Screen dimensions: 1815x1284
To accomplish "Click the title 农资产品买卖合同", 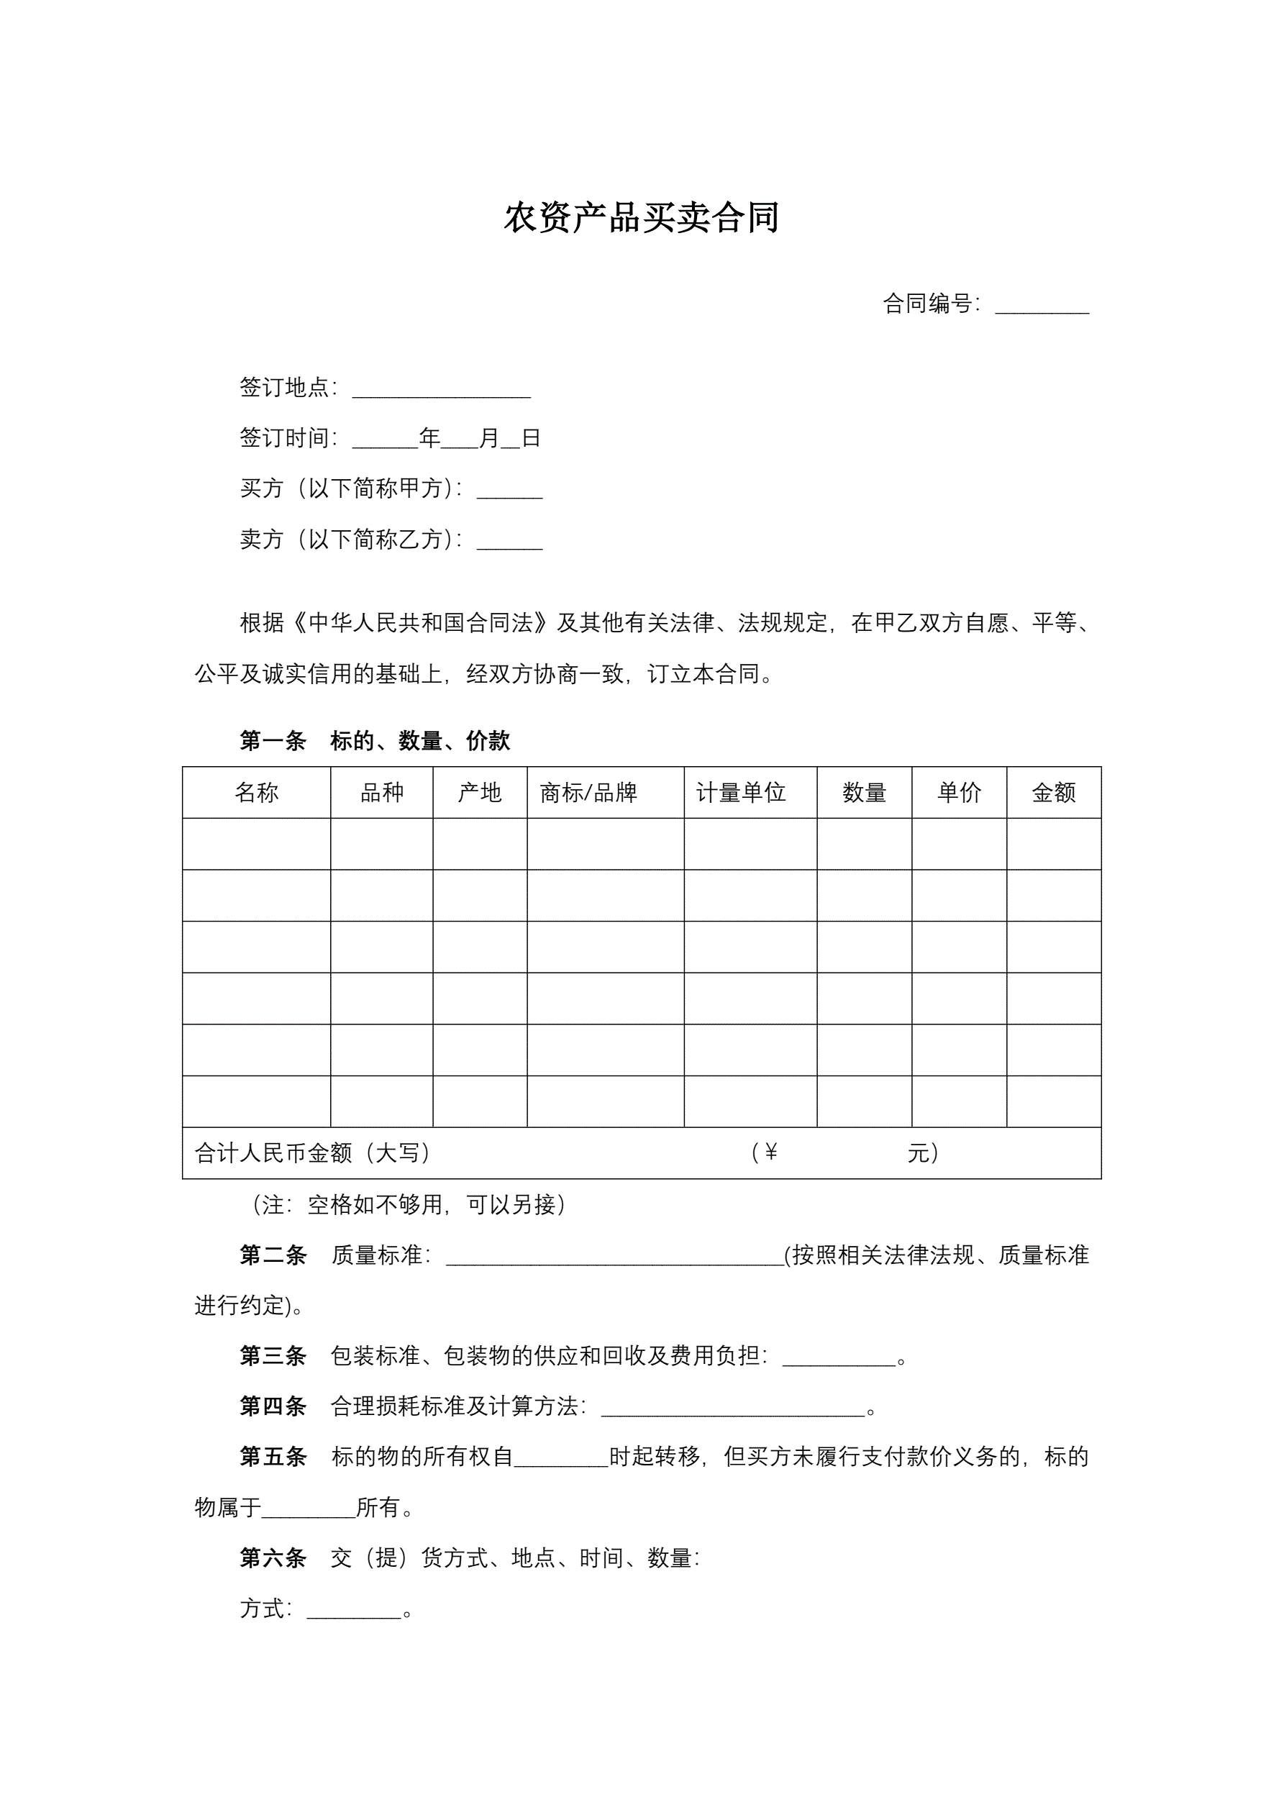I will tap(641, 217).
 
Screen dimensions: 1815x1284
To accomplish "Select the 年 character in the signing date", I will tap(429, 438).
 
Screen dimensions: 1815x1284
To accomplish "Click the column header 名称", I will tap(256, 792).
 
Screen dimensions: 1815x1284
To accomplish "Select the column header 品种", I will tap(382, 792).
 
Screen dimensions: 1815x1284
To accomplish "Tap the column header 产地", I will tap(480, 792).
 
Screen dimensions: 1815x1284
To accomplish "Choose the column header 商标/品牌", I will tap(588, 792).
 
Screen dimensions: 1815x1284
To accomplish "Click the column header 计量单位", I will tap(741, 792).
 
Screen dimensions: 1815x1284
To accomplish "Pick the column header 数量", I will tap(864, 792).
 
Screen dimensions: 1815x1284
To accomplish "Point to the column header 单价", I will tap(959, 792).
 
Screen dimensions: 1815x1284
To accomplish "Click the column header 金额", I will tap(1054, 792).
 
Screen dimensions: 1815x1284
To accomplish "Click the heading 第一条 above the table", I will tap(273, 741).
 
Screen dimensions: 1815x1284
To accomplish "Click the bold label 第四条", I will tap(273, 1406).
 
